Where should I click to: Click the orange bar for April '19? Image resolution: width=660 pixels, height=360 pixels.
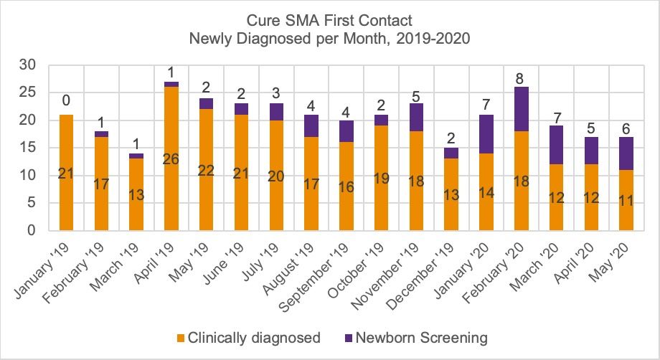point(171,158)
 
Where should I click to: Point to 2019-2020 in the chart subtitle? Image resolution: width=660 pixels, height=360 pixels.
point(428,39)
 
